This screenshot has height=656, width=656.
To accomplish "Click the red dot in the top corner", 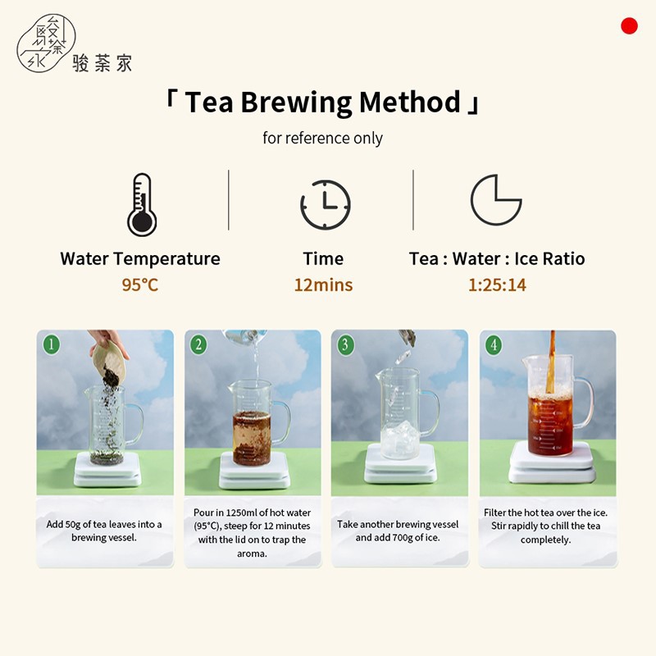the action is tap(629, 25).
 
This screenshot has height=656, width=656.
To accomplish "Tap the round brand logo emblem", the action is tap(46, 43).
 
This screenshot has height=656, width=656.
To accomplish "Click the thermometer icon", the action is tap(142, 204).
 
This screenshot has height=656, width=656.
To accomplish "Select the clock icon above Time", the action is tap(326, 204).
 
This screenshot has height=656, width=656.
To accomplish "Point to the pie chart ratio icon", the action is tap(496, 200).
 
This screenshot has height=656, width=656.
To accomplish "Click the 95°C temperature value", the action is tap(139, 285).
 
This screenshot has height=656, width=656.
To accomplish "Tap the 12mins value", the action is tap(323, 285).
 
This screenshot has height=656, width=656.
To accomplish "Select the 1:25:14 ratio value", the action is tap(497, 285).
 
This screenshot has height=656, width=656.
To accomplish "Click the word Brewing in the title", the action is tap(296, 102).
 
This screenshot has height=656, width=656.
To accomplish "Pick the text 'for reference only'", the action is tap(322, 138).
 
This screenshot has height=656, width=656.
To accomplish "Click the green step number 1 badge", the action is tap(52, 344).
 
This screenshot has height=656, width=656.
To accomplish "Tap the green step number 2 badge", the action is tap(198, 344).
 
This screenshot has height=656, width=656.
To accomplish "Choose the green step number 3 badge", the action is tap(345, 344).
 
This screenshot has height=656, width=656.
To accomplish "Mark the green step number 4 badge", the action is tap(494, 344).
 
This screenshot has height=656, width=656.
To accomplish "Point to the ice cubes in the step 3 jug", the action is tap(400, 439).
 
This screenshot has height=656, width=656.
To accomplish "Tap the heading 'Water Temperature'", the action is tap(140, 258).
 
